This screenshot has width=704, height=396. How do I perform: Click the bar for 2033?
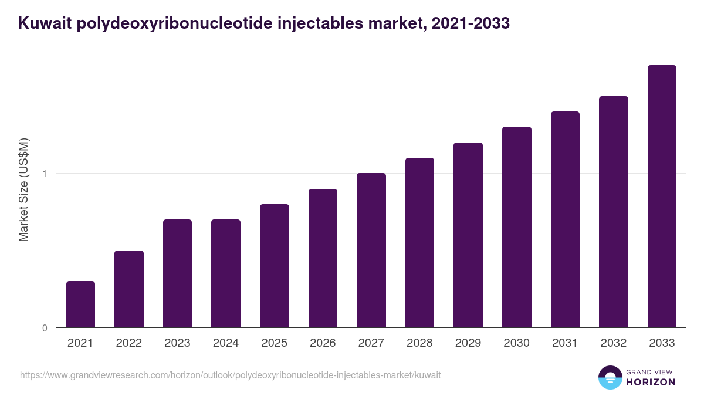662,197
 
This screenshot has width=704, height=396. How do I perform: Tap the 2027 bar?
371,251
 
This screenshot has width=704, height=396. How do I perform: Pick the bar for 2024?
226,273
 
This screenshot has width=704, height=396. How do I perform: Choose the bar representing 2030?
516,227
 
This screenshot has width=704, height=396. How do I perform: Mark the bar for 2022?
129,289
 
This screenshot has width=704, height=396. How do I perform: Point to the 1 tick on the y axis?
45,174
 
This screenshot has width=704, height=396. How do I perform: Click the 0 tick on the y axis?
45,328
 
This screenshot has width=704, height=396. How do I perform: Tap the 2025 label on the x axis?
274,343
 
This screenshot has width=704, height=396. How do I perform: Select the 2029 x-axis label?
468,343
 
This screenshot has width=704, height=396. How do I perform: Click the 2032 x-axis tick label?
614,343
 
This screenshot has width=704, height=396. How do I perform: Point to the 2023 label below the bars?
177,343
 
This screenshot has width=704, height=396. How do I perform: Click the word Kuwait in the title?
44,23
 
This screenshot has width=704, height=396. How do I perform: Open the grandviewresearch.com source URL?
230,375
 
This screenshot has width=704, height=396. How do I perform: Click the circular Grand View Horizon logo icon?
610,377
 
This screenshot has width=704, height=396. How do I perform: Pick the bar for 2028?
419,243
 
